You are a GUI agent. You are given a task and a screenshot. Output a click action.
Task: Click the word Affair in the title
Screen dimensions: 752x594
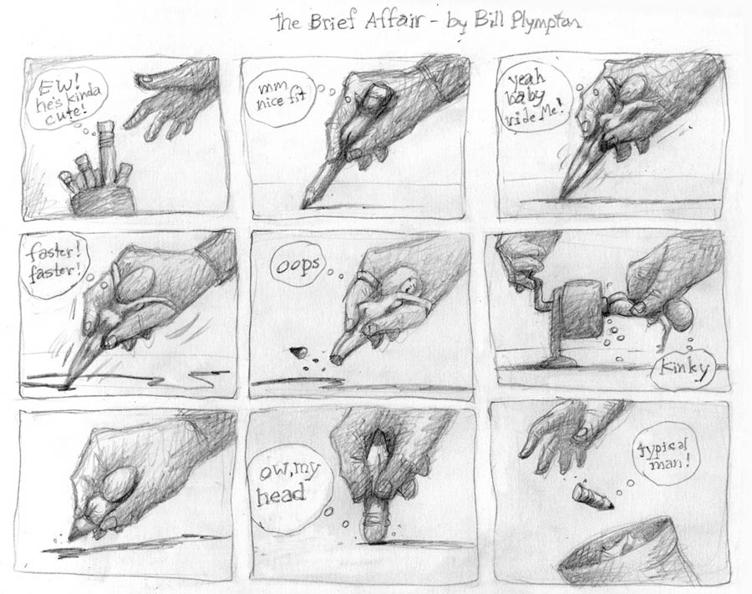click(394, 22)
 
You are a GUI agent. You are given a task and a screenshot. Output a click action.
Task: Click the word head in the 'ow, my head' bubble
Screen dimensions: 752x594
click(281, 495)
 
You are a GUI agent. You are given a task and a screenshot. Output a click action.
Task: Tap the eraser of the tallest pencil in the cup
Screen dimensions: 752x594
click(105, 127)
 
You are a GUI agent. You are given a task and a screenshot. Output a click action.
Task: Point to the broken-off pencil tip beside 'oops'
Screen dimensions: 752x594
click(299, 353)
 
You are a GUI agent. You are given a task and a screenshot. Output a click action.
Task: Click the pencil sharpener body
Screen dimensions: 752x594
click(579, 308)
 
